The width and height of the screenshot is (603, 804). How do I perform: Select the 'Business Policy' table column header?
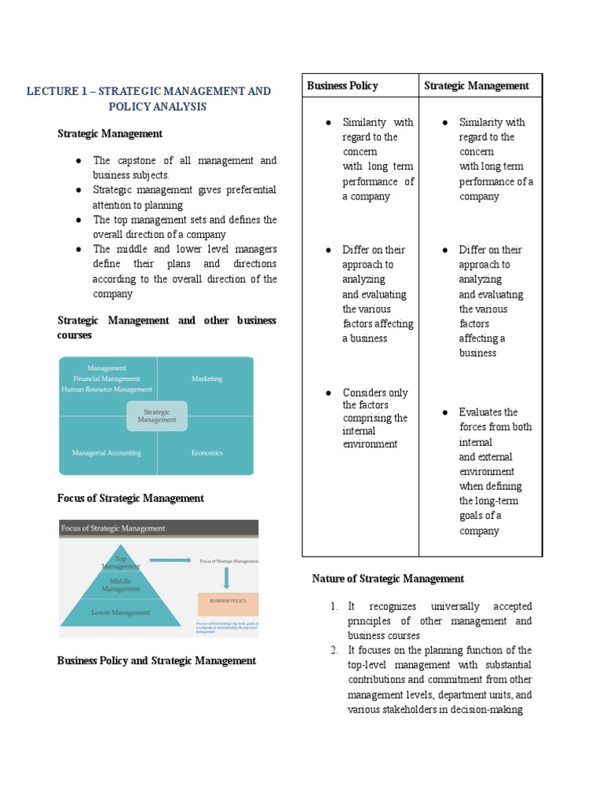tap(342, 86)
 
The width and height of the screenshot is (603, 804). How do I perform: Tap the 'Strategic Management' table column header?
tap(476, 86)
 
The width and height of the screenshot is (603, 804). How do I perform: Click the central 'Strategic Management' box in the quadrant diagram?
tap(157, 415)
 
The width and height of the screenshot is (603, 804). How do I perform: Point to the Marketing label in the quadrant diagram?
tap(206, 378)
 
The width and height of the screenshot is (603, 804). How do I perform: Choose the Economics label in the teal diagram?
tap(206, 452)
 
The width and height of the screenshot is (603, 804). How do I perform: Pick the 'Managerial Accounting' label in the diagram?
tap(107, 452)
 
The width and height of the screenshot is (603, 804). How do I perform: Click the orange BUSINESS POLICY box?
tap(228, 604)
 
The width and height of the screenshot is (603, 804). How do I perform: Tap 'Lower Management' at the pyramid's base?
tap(120, 612)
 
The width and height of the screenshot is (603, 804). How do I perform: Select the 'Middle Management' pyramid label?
tap(120, 584)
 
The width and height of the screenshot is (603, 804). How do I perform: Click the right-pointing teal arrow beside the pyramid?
tap(170, 561)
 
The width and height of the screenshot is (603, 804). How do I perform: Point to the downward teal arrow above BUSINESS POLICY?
tap(226, 578)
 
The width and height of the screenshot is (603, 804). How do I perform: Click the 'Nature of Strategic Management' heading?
tap(388, 579)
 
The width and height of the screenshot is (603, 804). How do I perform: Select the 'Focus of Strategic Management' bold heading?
tap(130, 498)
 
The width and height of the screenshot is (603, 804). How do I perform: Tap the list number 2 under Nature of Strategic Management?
tap(334, 650)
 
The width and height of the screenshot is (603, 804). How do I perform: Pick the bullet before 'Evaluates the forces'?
tap(444, 412)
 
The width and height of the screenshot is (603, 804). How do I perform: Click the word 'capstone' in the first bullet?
tap(135, 160)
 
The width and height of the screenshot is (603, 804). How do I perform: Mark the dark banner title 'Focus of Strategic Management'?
tap(113, 528)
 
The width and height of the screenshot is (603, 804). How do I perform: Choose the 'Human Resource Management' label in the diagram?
tap(107, 389)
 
